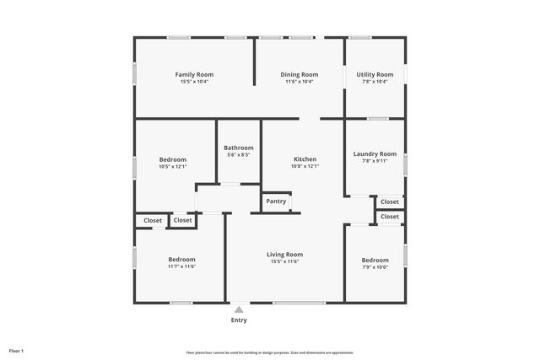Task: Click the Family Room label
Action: point(194,74)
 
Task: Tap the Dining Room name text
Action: point(300,74)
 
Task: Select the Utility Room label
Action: point(375,74)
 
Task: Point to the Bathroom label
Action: point(239,148)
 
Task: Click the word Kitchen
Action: point(305,159)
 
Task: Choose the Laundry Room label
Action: point(375,154)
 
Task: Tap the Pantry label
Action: point(276,201)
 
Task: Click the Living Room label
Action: point(284,255)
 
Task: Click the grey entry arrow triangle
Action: point(239,309)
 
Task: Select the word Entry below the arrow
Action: point(239,320)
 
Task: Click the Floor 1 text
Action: point(16,350)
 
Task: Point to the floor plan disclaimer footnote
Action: point(270,352)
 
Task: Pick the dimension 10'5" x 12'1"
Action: point(173,167)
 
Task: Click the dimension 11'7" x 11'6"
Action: point(181,266)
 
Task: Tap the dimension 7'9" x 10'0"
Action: point(375,267)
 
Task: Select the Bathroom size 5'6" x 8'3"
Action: point(239,155)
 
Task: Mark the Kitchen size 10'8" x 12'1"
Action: point(305,167)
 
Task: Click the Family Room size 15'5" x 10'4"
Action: point(194,82)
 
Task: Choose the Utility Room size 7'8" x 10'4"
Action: point(375,82)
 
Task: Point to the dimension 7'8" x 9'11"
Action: point(375,162)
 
